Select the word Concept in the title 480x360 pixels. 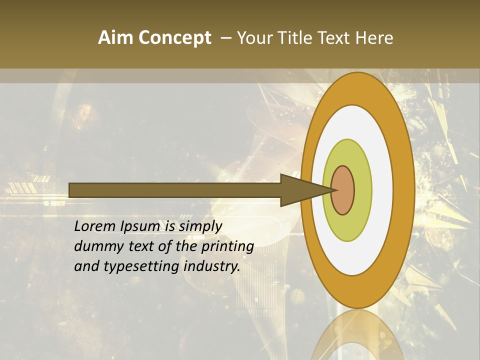point(175,38)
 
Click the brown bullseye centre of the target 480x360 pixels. point(343,190)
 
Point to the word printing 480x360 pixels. point(227,247)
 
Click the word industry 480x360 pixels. point(212,267)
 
